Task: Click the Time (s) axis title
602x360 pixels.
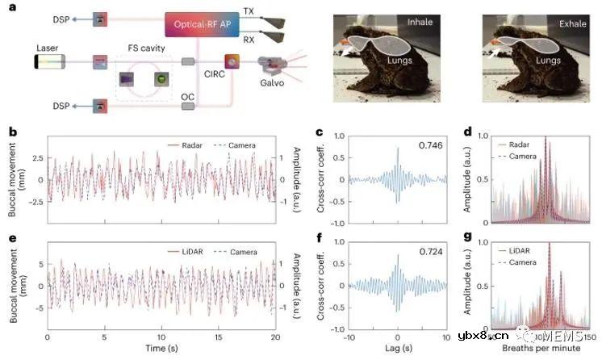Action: point(163,349)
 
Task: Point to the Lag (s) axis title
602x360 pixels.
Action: point(397,349)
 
